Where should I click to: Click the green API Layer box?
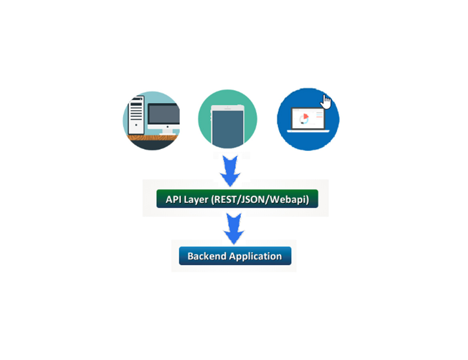(237, 198)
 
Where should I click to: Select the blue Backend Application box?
(235, 256)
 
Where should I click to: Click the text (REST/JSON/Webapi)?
(260, 200)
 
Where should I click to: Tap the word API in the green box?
(172, 199)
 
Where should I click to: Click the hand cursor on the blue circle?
(326, 102)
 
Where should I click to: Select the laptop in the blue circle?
(308, 120)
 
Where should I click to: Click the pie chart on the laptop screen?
(304, 118)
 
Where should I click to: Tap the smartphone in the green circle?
(228, 126)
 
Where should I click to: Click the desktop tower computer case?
(136, 115)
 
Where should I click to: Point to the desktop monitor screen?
(164, 114)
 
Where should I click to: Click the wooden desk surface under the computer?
(153, 138)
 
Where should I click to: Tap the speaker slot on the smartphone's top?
(228, 109)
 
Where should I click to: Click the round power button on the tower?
(136, 125)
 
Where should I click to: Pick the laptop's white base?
(308, 131)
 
